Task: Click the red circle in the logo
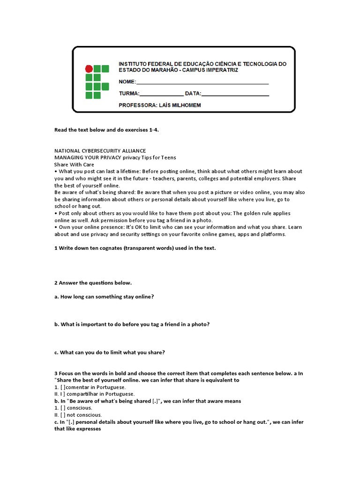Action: coord(89,69)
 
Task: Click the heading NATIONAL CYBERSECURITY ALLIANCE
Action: coord(100,150)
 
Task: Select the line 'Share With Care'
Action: coord(74,165)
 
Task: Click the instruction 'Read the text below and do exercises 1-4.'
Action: coord(106,130)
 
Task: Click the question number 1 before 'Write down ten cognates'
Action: coord(56,248)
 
